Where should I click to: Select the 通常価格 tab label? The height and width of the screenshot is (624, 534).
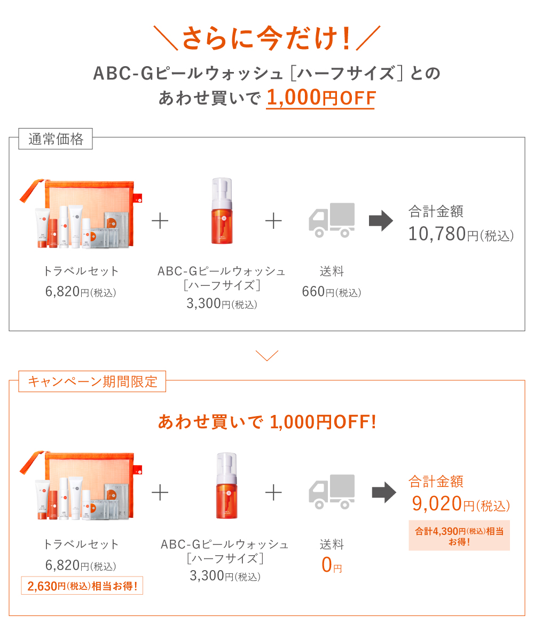pyautogui.click(x=56, y=139)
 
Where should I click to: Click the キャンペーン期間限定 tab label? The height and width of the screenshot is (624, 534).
pyautogui.click(x=92, y=382)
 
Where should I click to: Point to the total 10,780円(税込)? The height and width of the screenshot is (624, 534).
pyautogui.click(x=461, y=234)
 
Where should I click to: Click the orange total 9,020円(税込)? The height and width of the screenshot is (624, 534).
pyautogui.click(x=460, y=503)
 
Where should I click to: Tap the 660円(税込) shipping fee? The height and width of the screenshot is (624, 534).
pyautogui.click(x=331, y=292)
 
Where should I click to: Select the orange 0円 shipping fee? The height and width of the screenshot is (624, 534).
pyautogui.click(x=331, y=565)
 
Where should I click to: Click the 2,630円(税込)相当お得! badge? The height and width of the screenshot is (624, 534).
pyautogui.click(x=82, y=587)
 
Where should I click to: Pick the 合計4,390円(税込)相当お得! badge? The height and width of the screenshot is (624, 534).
pyautogui.click(x=459, y=535)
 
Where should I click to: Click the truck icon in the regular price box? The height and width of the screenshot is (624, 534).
pyautogui.click(x=332, y=220)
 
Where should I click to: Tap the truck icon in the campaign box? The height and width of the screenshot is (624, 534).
pyautogui.click(x=332, y=491)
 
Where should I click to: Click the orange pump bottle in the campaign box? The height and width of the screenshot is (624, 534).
pyautogui.click(x=226, y=485)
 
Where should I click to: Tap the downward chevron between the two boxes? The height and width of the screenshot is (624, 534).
pyautogui.click(x=267, y=355)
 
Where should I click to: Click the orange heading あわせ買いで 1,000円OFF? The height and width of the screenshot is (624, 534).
pyautogui.click(x=267, y=422)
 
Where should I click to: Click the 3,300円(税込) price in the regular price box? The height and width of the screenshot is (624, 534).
pyautogui.click(x=222, y=304)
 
